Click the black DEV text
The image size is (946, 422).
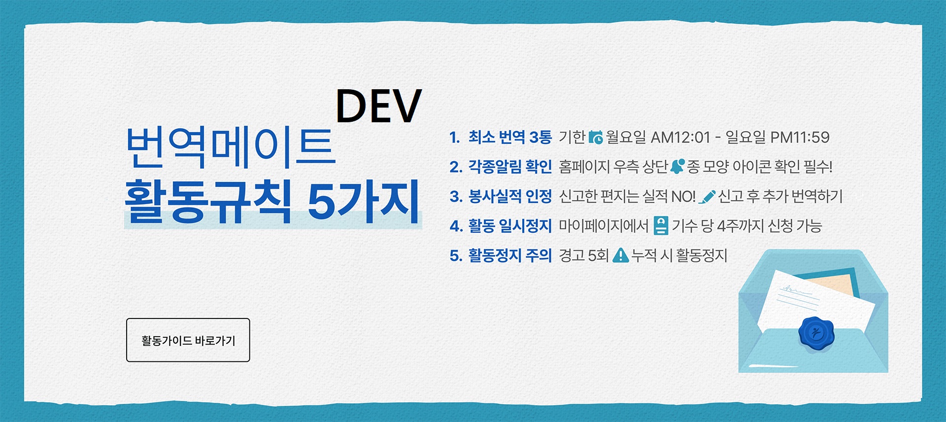378,106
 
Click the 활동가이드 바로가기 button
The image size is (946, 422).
188,340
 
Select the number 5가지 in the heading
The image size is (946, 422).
364,201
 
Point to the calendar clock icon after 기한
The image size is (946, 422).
596,137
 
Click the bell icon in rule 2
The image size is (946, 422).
677,166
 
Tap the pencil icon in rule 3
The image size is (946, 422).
707,197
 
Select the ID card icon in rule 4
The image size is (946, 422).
661,226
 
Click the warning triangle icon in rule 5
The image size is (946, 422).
620,255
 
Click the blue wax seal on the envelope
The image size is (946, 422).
816,334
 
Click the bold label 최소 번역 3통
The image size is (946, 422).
509,137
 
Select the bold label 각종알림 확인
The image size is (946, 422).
509,167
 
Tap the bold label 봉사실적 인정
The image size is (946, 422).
509,196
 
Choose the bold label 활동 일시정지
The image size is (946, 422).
509,226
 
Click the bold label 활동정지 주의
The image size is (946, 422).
509,255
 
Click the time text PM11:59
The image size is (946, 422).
800,137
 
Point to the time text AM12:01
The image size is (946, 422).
680,137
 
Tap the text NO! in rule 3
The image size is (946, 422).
683,196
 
